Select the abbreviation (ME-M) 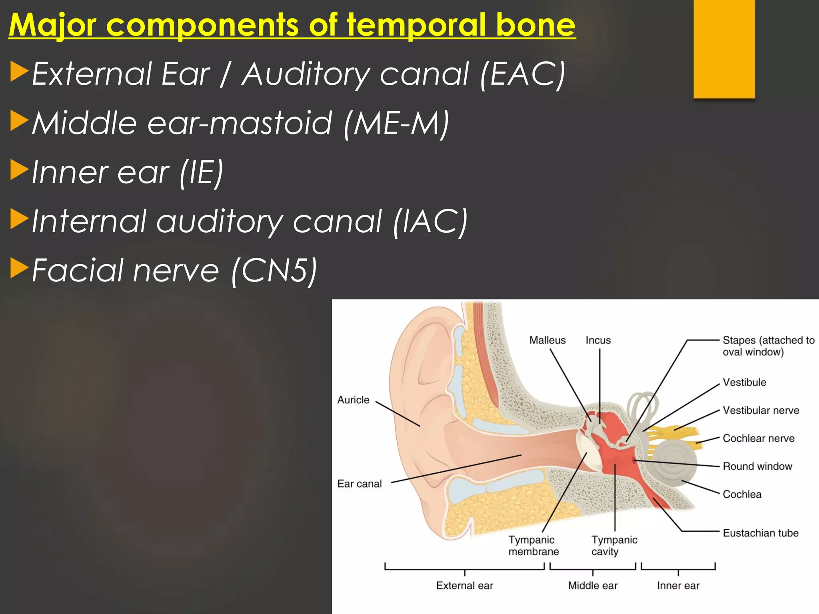point(396,123)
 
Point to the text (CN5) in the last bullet point(274,271)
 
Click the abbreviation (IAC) point(430,221)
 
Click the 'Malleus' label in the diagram point(547,340)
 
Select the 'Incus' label point(598,340)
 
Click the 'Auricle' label point(353,400)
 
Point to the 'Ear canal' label point(359,484)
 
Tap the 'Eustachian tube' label point(760,533)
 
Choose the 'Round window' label point(757,466)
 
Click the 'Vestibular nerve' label point(761,410)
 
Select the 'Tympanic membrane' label point(533,546)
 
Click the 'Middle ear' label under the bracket point(593,586)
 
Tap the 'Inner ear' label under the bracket point(678,586)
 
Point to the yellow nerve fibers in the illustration point(676,434)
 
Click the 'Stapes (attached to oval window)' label point(768,346)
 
